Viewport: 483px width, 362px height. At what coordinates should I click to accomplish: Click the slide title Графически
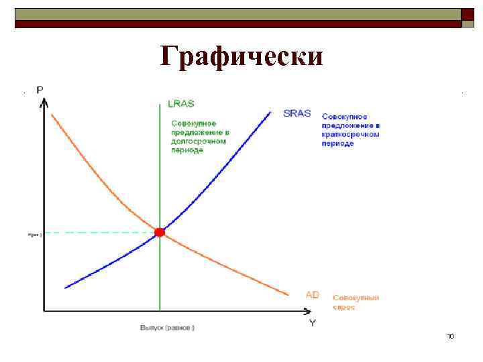click(x=241, y=56)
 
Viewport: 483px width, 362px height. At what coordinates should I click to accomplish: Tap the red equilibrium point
click(x=160, y=232)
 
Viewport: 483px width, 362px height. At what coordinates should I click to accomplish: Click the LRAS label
click(x=181, y=104)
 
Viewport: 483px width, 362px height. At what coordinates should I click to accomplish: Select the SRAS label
click(x=297, y=113)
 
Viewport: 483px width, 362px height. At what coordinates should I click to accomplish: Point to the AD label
click(x=312, y=294)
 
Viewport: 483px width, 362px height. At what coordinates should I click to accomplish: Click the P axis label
click(x=41, y=90)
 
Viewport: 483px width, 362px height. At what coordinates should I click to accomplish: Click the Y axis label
click(x=313, y=322)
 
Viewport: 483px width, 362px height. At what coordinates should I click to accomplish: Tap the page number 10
click(x=450, y=335)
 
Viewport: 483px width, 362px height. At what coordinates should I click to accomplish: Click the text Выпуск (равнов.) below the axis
click(x=167, y=328)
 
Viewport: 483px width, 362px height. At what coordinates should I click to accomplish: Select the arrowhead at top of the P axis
click(x=44, y=103)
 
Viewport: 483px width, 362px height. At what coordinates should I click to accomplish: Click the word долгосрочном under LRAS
click(x=199, y=141)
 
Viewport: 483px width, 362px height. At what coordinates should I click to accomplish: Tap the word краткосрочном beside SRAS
click(x=351, y=135)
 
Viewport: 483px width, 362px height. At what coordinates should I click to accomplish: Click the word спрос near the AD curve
click(x=343, y=307)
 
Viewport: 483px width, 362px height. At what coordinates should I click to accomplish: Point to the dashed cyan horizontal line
click(x=101, y=232)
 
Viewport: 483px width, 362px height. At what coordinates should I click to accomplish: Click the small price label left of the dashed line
click(x=36, y=235)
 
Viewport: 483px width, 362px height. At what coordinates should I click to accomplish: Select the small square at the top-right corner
click(x=468, y=14)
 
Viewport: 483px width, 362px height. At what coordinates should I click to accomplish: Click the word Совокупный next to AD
click(x=356, y=298)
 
